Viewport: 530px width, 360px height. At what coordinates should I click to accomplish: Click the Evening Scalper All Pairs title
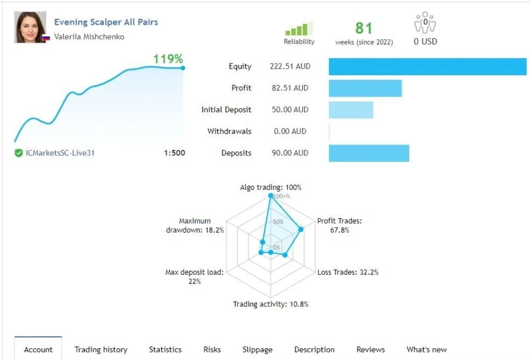pyautogui.click(x=106, y=22)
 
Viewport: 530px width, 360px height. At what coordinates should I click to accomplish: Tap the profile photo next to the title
pyautogui.click(x=30, y=27)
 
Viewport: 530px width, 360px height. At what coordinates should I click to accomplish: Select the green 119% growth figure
pyautogui.click(x=168, y=59)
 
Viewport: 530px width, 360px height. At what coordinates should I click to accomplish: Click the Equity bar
pyautogui.click(x=427, y=67)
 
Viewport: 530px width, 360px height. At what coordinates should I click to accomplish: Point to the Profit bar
pyautogui.click(x=366, y=88)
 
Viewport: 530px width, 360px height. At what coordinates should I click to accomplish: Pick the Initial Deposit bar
pyautogui.click(x=351, y=110)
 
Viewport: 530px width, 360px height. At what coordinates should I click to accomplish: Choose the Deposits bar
pyautogui.click(x=369, y=153)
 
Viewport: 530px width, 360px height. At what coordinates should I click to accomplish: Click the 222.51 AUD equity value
pyautogui.click(x=290, y=66)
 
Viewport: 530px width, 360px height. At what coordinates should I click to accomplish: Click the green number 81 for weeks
pyautogui.click(x=364, y=28)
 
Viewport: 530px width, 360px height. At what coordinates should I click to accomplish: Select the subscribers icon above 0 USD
pyautogui.click(x=425, y=23)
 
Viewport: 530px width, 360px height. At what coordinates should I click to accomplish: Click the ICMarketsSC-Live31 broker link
pyautogui.click(x=60, y=153)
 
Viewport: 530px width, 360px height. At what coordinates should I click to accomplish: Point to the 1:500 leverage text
pyautogui.click(x=174, y=153)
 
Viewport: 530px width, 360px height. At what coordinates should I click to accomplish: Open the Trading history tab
pyautogui.click(x=101, y=349)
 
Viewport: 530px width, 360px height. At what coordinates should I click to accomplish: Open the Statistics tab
pyautogui.click(x=165, y=349)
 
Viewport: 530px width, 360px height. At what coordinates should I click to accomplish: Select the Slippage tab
pyautogui.click(x=257, y=349)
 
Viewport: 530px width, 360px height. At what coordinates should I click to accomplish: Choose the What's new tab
pyautogui.click(x=427, y=349)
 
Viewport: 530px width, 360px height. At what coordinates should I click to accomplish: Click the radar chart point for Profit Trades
pyautogui.click(x=301, y=229)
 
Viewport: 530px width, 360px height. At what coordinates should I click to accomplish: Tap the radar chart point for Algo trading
pyautogui.click(x=270, y=196)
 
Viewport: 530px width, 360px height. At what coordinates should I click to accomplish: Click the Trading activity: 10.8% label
pyautogui.click(x=271, y=304)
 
